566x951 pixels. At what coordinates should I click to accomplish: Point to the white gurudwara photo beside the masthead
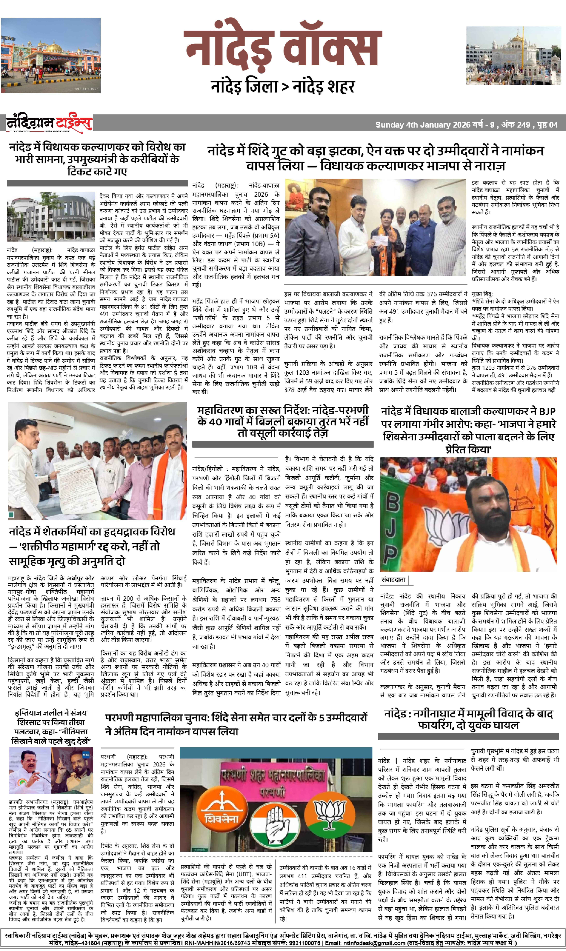pos(513,56)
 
